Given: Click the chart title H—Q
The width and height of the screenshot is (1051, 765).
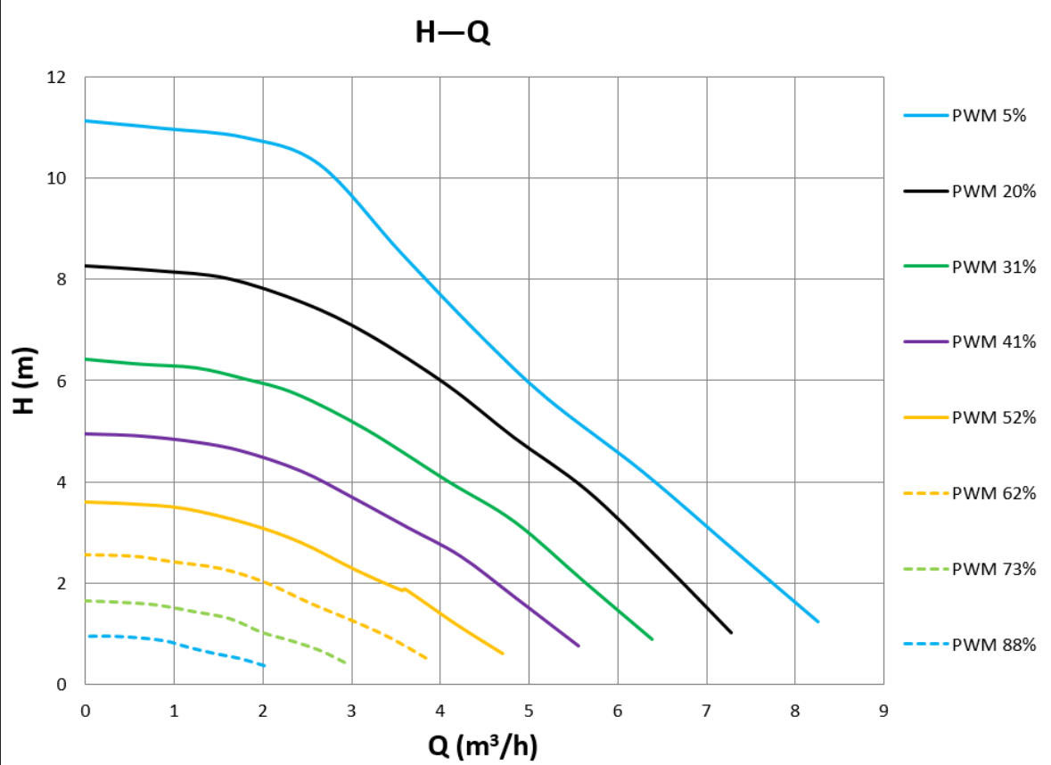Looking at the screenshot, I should coord(453,34).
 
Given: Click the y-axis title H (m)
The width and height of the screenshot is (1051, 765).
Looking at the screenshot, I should coord(25,380).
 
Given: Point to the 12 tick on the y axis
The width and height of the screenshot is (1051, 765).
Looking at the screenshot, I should coord(56,77).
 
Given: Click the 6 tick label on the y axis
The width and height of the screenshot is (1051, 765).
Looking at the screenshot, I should coord(62,381).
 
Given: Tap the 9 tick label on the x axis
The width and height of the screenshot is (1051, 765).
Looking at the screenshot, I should coord(883,711).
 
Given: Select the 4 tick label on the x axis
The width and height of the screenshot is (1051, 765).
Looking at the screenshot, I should coord(440,711).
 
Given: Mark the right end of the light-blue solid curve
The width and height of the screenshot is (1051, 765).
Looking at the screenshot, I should coord(817,621).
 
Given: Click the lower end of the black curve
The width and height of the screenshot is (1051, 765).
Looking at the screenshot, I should coord(731,632).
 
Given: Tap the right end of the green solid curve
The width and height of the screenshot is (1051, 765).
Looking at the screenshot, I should coord(653,639).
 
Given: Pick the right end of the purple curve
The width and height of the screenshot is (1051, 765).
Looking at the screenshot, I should coord(579,646).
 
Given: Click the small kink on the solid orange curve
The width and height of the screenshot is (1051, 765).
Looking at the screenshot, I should coord(405,588).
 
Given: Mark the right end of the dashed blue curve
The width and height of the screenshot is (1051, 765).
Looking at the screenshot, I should coord(265,666).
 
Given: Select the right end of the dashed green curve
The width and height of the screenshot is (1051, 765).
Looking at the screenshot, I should coord(346,662).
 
